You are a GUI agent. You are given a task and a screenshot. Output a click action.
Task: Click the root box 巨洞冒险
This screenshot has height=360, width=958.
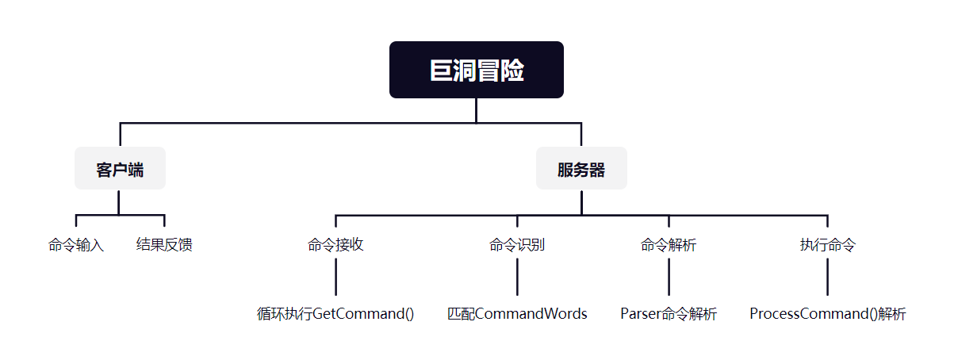point(476,70)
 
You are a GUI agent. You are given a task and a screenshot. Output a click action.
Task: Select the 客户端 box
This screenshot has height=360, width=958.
point(120,169)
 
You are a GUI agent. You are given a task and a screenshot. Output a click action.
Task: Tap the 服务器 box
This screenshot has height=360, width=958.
point(581,169)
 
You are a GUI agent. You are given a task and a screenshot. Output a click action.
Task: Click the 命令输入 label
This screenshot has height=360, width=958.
point(76,245)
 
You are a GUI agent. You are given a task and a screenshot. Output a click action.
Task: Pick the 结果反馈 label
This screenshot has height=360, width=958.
point(164,245)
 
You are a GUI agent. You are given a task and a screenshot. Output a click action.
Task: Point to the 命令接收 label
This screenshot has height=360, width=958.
point(335,245)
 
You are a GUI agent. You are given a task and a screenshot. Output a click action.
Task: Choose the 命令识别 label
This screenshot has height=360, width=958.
point(517,245)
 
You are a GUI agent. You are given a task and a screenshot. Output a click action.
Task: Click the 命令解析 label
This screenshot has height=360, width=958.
point(669,245)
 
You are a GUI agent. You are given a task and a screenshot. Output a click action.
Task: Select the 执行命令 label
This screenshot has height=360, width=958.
point(827,245)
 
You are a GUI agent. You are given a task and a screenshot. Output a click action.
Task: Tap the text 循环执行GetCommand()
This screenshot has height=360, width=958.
point(335,314)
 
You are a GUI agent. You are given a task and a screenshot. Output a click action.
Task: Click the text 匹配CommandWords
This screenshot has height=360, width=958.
point(517,314)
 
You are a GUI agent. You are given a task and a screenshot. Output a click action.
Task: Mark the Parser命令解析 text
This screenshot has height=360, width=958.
point(669,314)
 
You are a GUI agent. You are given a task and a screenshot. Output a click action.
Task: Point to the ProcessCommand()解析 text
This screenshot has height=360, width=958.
point(827,314)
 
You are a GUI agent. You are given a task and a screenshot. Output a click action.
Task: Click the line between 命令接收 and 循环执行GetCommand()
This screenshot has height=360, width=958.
point(335,277)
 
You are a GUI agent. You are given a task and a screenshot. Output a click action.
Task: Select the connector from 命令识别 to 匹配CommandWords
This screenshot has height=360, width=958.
point(517,277)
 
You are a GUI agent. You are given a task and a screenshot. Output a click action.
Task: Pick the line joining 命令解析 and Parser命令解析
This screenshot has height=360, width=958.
point(669,277)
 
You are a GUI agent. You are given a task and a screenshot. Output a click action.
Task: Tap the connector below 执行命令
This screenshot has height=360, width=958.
point(827,277)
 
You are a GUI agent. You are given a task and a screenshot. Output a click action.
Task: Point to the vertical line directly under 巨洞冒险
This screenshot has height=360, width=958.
point(476,110)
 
